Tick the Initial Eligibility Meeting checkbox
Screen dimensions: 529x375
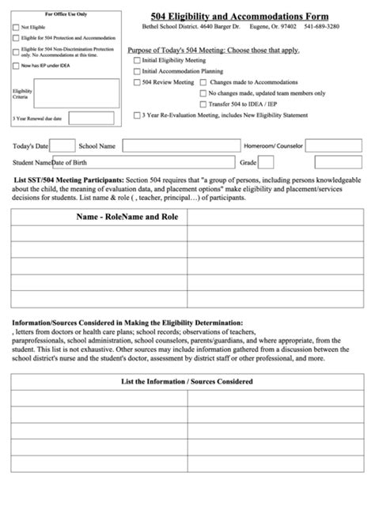click(137, 60)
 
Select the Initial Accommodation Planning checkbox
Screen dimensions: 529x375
click(137, 71)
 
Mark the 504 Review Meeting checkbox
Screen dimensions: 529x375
click(137, 82)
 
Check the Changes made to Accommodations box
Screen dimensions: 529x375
click(203, 82)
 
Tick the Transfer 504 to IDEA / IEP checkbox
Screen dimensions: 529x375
click(203, 104)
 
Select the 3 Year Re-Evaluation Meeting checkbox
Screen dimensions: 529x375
click(137, 115)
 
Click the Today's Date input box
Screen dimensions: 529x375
click(62, 146)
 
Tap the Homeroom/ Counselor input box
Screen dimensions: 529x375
click(333, 146)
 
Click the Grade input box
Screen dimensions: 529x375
click(267, 163)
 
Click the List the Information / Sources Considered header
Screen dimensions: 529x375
click(187, 382)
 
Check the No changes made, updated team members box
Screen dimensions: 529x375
click(203, 93)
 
